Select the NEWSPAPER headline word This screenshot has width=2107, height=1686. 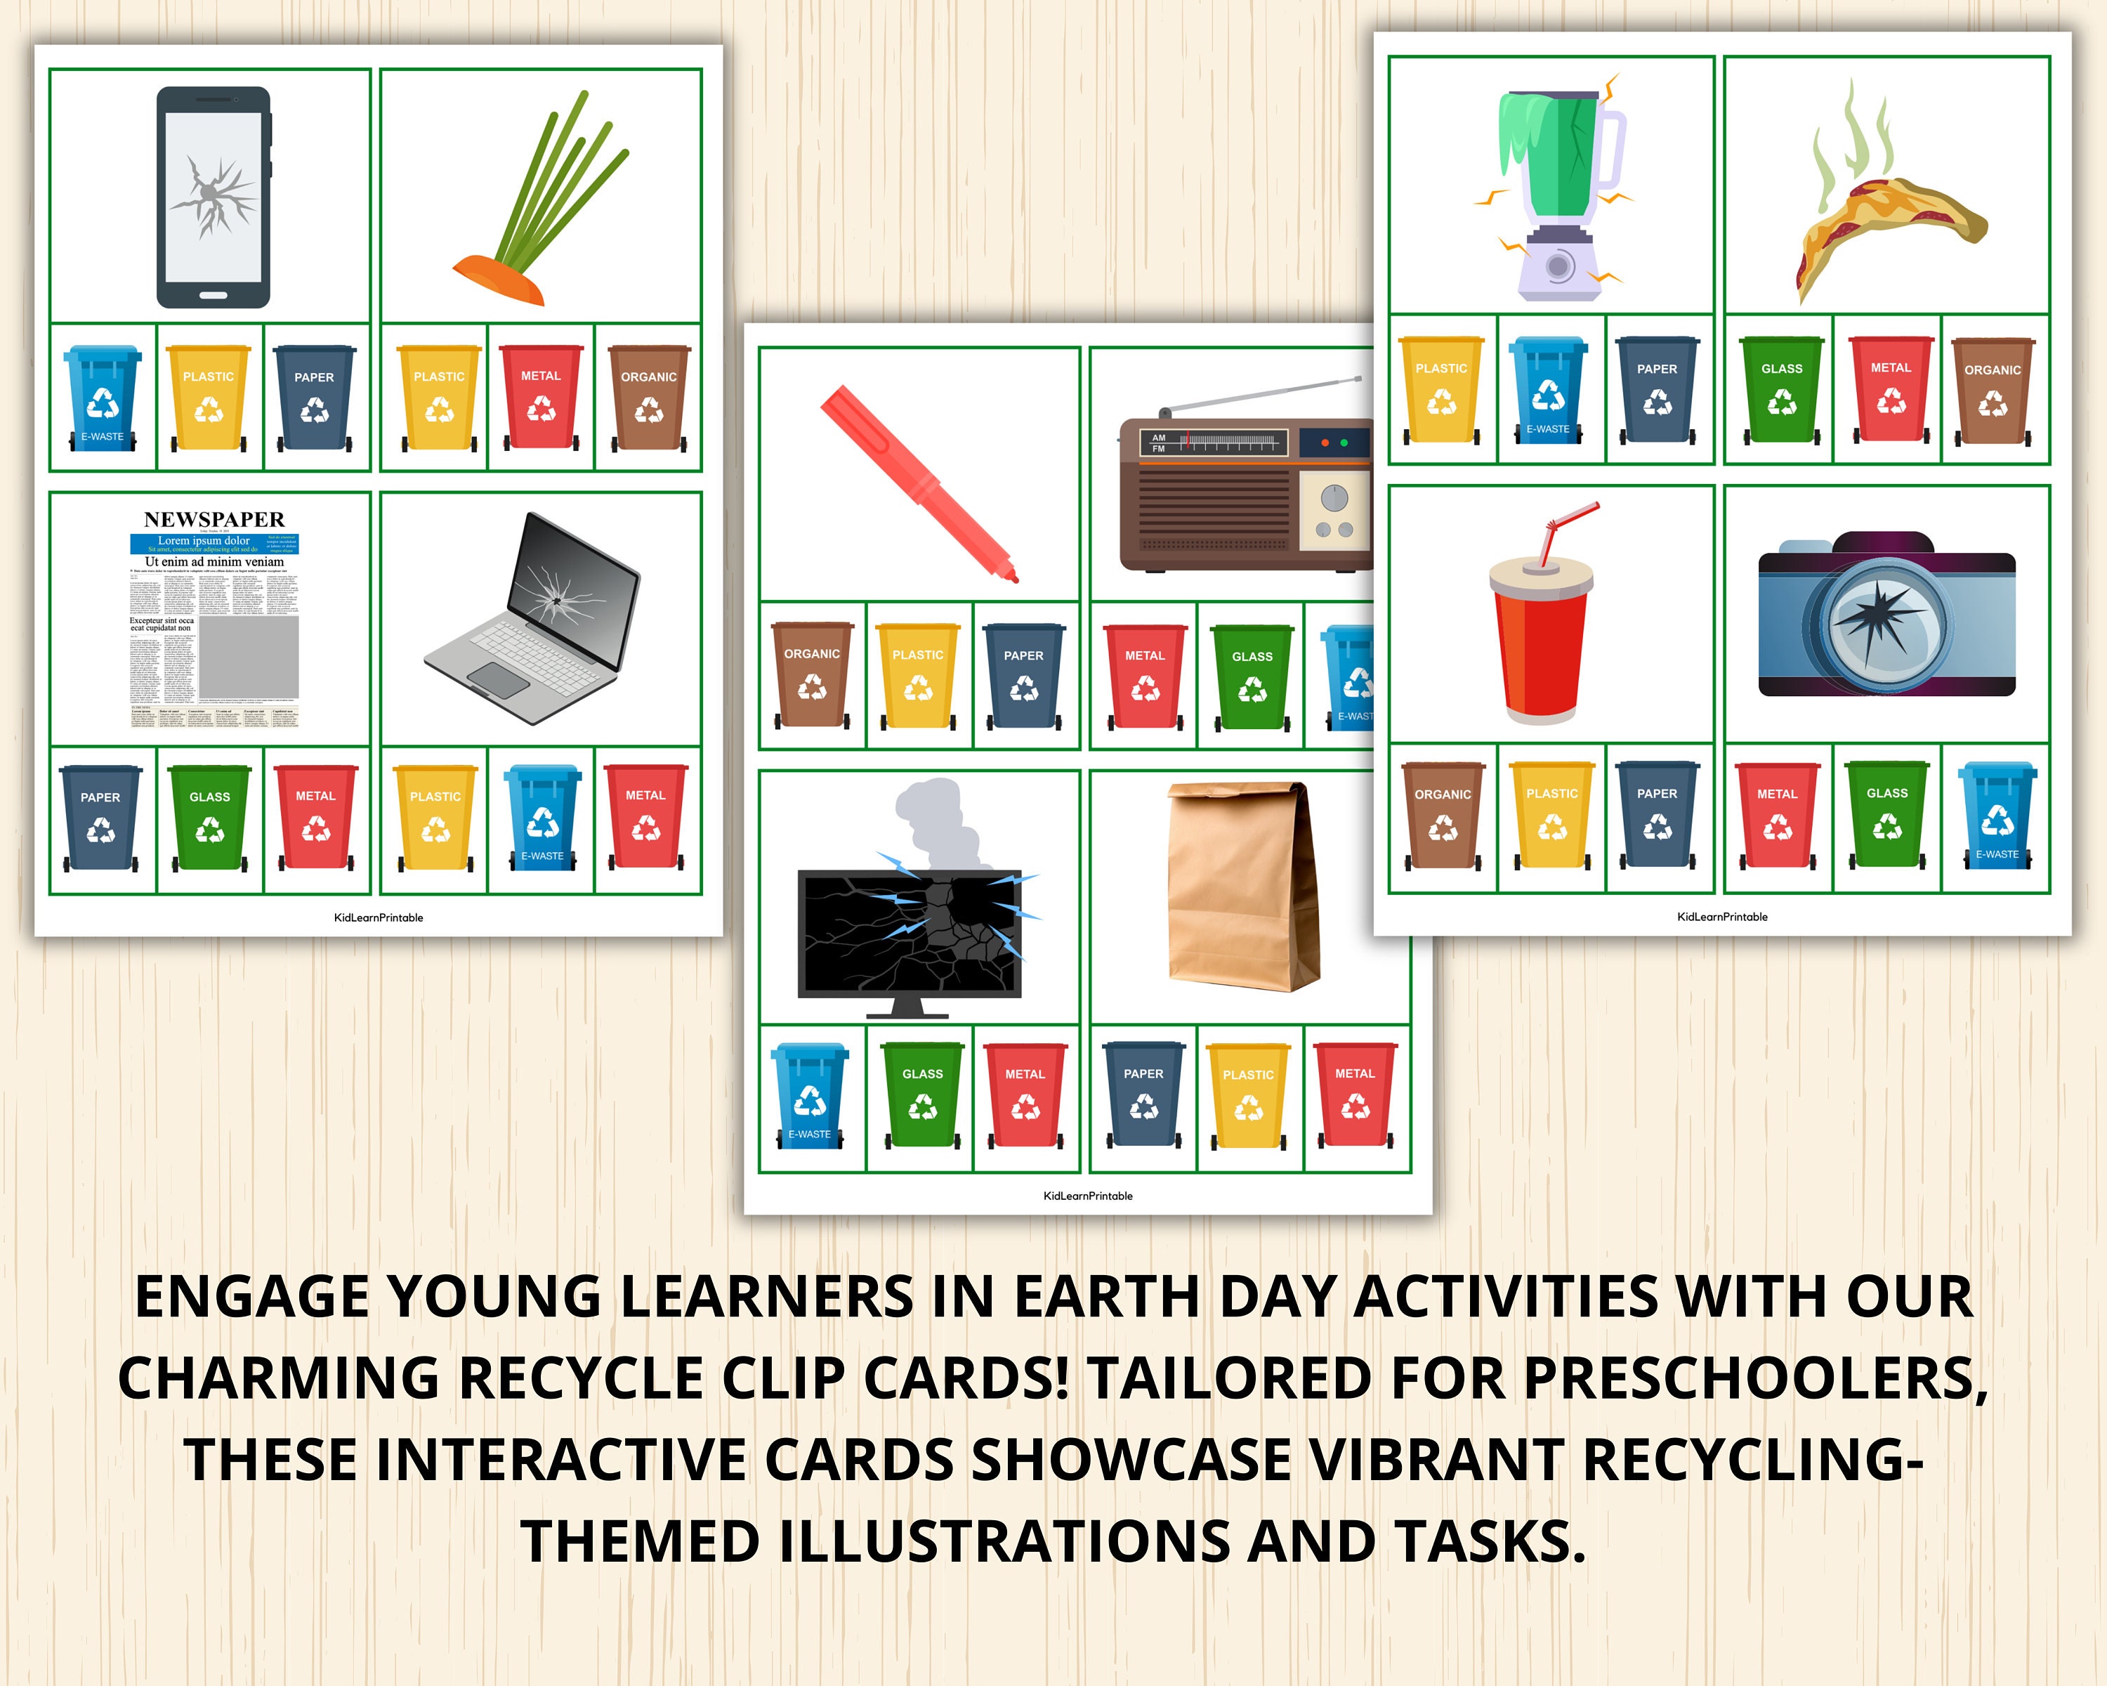(214, 519)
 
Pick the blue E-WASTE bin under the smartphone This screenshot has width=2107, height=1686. (103, 398)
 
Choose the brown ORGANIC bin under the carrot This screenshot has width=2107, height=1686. (648, 398)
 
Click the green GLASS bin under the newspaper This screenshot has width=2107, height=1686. (209, 818)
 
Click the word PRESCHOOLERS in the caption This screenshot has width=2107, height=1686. (1755, 1378)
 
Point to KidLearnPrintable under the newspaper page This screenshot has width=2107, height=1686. (378, 917)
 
